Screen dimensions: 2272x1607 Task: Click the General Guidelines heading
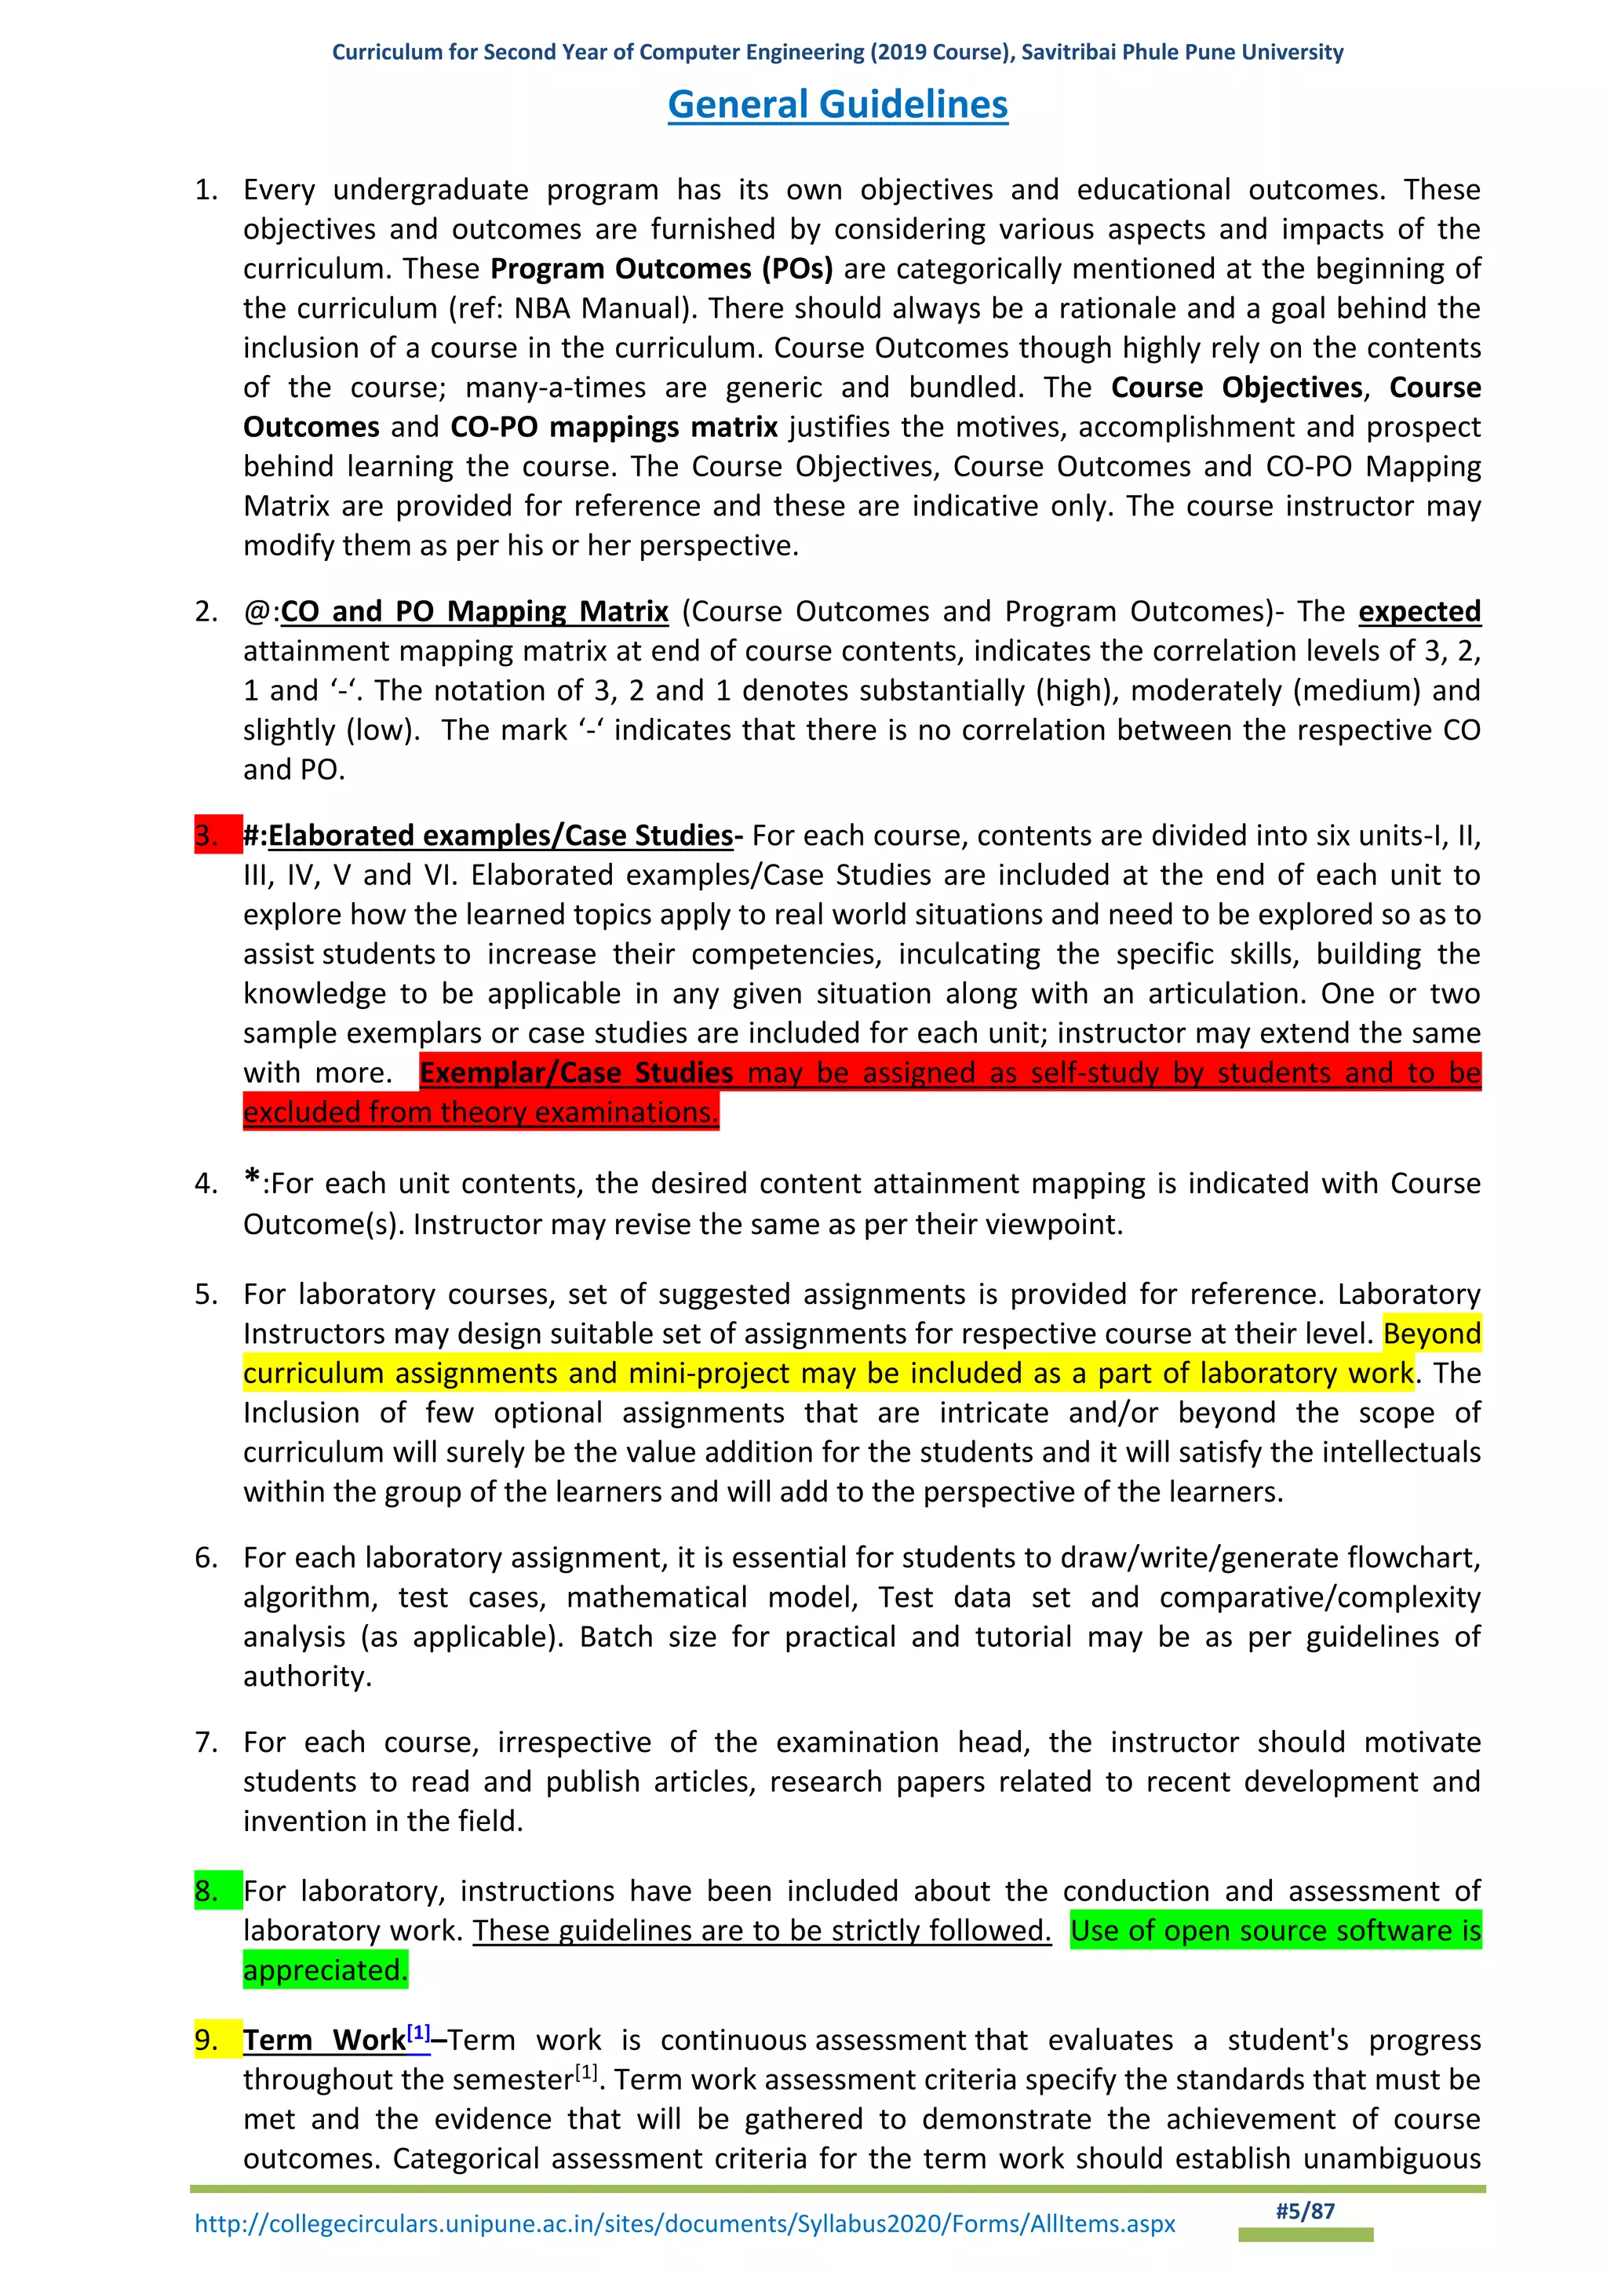point(837,104)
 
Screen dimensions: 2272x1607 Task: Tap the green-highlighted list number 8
point(207,1890)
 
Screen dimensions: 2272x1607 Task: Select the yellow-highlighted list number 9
point(207,2040)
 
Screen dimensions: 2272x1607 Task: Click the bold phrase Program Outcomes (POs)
point(661,268)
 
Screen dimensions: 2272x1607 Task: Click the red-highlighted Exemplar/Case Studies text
point(576,1072)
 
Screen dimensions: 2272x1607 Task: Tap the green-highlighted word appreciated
point(325,1969)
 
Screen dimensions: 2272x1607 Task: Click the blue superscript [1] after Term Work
point(418,2033)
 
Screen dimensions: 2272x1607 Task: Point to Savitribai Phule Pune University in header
point(1182,53)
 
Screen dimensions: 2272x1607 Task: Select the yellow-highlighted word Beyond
point(1431,1333)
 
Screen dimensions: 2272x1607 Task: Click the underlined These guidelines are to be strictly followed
point(761,1930)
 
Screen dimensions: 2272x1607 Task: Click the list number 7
point(207,1742)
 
